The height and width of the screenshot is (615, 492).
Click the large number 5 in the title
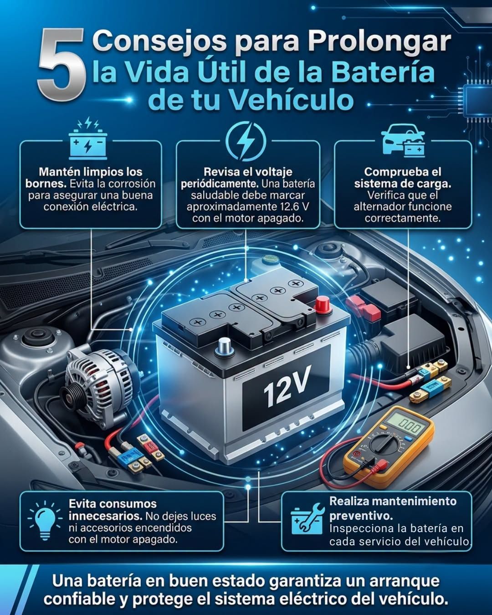62,65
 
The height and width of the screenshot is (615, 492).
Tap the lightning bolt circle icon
246,141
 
